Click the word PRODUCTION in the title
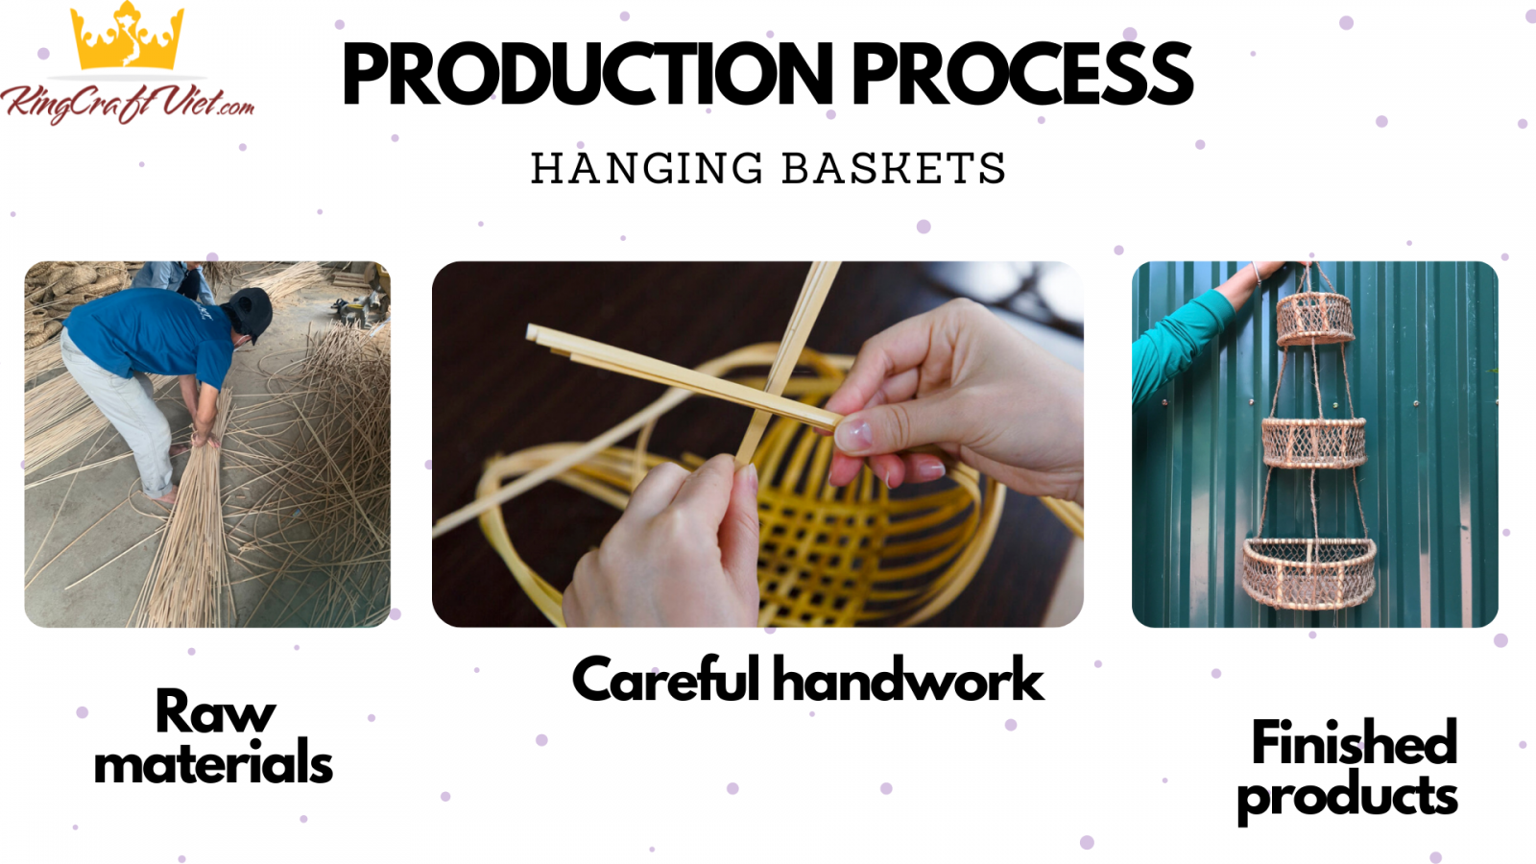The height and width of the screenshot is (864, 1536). (588, 74)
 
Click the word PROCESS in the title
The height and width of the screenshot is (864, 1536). (1022, 74)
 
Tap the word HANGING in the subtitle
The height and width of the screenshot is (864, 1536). (647, 168)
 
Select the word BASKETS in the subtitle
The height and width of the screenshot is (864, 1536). (894, 168)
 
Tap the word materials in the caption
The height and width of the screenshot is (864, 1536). (213, 762)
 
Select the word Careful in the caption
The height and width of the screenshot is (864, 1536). (666, 679)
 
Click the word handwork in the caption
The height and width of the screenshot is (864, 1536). (908, 679)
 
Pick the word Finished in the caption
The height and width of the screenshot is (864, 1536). (1355, 741)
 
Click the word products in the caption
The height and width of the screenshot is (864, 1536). (1348, 796)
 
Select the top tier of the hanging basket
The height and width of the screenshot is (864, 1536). (1314, 319)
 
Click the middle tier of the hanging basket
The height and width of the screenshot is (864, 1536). (1314, 443)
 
